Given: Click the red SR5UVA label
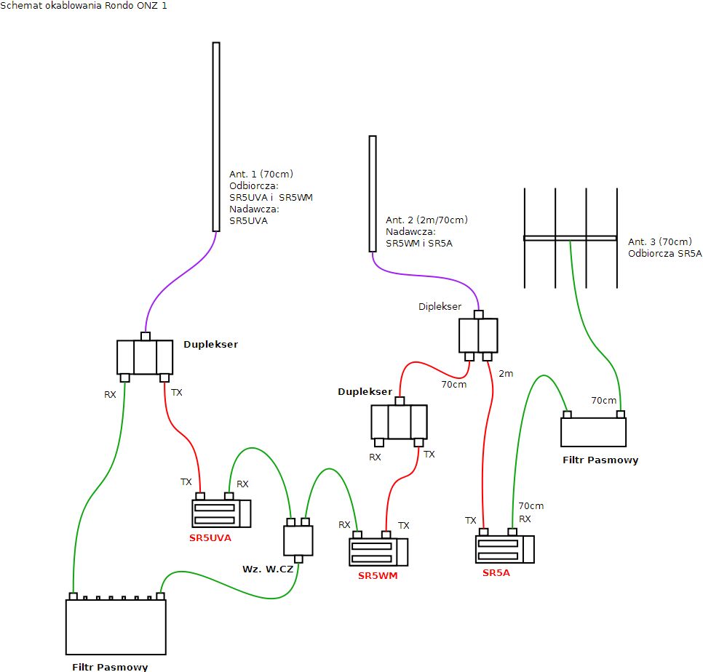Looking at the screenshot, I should pyautogui.click(x=210, y=538).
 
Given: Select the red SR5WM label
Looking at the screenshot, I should pyautogui.click(x=378, y=576).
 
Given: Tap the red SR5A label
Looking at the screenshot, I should pyautogui.click(x=496, y=573).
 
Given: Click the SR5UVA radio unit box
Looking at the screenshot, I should pyautogui.click(x=221, y=513).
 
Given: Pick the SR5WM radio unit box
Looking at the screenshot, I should pyautogui.click(x=378, y=552).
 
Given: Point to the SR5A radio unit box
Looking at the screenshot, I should pyautogui.click(x=504, y=549).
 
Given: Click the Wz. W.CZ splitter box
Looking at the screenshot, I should pyautogui.click(x=298, y=540).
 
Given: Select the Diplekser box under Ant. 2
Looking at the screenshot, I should pyautogui.click(x=478, y=335).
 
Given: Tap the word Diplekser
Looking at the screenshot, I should pyautogui.click(x=440, y=307).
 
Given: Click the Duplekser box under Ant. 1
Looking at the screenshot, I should pyautogui.click(x=145, y=357).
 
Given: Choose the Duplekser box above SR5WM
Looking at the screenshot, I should pyautogui.click(x=399, y=422).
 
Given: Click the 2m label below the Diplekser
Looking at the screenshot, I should pyautogui.click(x=506, y=374).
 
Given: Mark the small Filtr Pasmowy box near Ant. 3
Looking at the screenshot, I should pyautogui.click(x=593, y=432).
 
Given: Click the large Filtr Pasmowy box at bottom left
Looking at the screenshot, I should pyautogui.click(x=116, y=627).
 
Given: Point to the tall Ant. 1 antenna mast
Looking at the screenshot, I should pyautogui.click(x=216, y=137).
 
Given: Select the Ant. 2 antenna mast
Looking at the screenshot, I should pyautogui.click(x=373, y=193).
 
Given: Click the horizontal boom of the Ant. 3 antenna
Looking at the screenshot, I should pyautogui.click(x=571, y=238).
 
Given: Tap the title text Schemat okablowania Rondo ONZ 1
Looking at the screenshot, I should pyautogui.click(x=84, y=6).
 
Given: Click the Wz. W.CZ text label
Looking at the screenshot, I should pyautogui.click(x=268, y=569).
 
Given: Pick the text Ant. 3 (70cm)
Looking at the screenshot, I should pyautogui.click(x=659, y=242).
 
